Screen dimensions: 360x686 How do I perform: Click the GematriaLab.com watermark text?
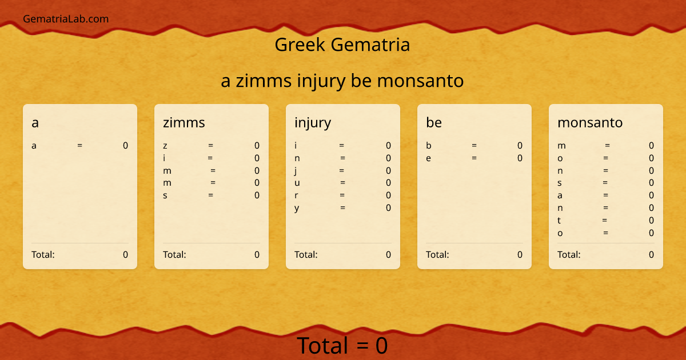(x=66, y=19)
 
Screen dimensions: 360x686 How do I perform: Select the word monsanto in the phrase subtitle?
(x=420, y=81)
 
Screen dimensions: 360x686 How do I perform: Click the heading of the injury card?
(x=313, y=122)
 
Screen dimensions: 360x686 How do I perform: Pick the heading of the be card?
(x=434, y=122)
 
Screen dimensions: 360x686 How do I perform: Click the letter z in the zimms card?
(x=165, y=146)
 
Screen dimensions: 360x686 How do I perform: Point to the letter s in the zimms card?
(x=165, y=195)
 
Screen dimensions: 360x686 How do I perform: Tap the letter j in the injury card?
(x=296, y=171)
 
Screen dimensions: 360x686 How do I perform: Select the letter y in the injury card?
(x=297, y=208)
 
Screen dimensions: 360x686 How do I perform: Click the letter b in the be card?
(x=429, y=146)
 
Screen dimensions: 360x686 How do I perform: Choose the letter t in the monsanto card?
(x=560, y=221)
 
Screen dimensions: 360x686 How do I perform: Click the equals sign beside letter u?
(x=342, y=183)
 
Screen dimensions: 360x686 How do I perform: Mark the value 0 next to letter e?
(x=520, y=158)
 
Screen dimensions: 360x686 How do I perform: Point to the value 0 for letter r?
(x=388, y=195)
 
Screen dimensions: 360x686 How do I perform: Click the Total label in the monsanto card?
(x=569, y=255)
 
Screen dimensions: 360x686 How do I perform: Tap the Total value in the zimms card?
(x=257, y=255)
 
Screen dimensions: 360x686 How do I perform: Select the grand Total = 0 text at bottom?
(x=342, y=346)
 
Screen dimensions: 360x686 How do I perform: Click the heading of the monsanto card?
(x=590, y=122)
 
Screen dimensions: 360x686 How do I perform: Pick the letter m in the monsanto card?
(x=561, y=146)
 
